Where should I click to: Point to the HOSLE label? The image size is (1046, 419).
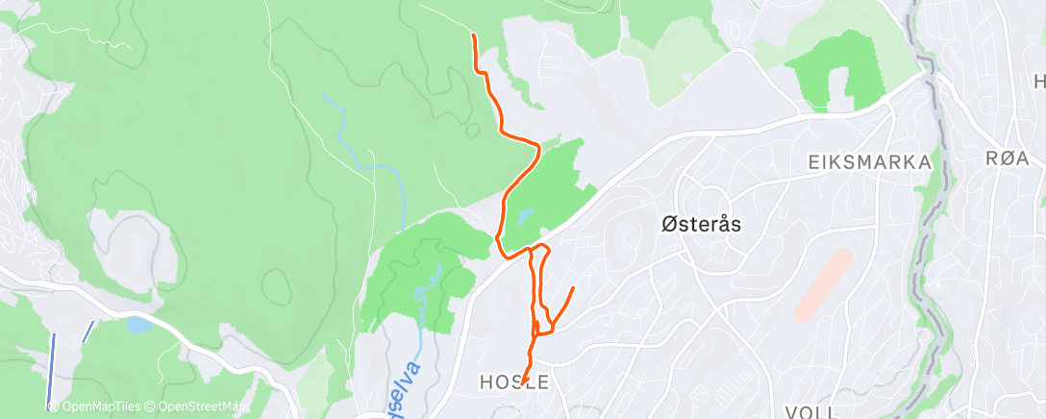point(514,382)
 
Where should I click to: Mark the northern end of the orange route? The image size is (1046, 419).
point(473,35)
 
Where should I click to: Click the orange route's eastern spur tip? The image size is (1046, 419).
point(574,287)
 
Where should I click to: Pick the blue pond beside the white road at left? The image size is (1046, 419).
point(137,325)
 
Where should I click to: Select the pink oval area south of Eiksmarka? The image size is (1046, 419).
point(823,284)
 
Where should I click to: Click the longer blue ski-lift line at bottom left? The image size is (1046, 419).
point(52,370)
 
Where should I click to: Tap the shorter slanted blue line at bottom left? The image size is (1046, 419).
point(87,332)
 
